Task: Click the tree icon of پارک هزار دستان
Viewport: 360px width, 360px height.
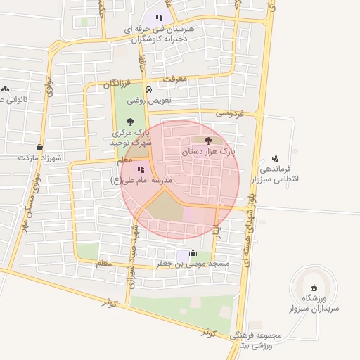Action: point(207,141)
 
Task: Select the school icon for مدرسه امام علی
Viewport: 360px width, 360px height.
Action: point(140,169)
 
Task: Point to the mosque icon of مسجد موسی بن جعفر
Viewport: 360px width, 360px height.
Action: point(193,254)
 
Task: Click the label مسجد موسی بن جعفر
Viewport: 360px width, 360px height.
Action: point(193,264)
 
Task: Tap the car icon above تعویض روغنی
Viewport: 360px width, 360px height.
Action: point(148,90)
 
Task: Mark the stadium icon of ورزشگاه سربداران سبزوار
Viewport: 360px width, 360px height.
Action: point(314,288)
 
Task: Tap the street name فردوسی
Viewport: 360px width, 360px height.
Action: point(229,112)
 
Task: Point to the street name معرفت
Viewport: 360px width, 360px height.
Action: point(176,79)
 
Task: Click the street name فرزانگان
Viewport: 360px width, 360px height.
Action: point(117,84)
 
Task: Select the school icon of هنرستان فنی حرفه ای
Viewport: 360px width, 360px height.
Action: point(159,18)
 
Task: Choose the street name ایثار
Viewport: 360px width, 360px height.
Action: point(217,229)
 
